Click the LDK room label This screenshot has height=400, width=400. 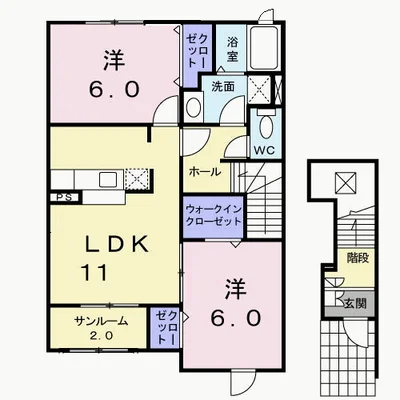117,245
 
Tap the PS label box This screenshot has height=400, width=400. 65,197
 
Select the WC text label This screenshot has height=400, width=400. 264,150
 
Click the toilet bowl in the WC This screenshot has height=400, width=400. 266,125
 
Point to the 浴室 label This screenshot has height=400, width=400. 232,49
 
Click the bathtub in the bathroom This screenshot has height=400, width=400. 264,48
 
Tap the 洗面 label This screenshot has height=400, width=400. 223,87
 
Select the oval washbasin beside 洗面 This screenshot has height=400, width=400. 193,107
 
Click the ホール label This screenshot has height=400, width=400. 205,172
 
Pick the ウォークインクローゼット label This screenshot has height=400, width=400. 213,215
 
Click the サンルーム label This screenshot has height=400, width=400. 101,321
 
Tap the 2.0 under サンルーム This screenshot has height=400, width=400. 101,335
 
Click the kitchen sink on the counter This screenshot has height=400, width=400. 108,180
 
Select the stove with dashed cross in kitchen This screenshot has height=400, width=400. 137,179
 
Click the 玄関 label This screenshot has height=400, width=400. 355,303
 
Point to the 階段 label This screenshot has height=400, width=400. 358,258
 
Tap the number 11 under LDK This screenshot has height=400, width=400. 94,272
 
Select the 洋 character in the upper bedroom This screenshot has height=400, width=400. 114,61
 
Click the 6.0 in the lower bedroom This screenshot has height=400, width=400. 235,318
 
